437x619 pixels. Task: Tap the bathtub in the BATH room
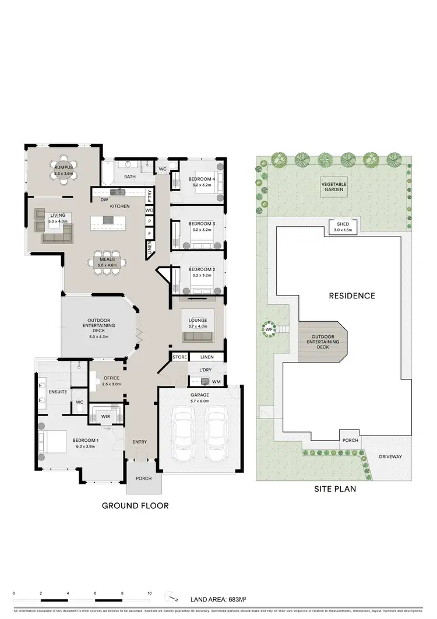point(109,177)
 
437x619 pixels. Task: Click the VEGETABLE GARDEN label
point(334,187)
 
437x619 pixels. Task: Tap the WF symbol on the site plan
point(269,330)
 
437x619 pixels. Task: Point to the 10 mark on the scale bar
point(150,593)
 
